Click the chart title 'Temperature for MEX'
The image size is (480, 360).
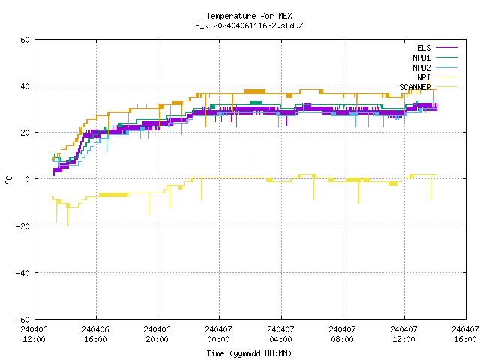(249, 16)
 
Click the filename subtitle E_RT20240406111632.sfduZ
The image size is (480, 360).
(249, 25)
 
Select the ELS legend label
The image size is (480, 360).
(424, 48)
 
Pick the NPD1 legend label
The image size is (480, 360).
(421, 58)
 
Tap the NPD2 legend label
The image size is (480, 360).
(421, 67)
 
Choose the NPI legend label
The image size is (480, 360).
(424, 77)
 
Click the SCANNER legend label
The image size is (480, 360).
(415, 87)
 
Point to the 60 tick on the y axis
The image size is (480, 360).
(25, 40)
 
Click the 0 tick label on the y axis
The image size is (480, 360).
(28, 179)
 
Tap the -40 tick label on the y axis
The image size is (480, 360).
(23, 273)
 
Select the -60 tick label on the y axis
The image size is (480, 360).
(23, 319)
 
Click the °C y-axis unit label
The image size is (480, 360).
(8, 180)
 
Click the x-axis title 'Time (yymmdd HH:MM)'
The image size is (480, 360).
(249, 353)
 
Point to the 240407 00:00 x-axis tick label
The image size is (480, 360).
(218, 334)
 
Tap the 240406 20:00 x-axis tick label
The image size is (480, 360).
(157, 334)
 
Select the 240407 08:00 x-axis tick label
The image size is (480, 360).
(342, 334)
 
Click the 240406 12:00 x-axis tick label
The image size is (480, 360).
(34, 334)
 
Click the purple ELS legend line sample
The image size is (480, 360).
(447, 48)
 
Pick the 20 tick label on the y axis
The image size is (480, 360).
(25, 133)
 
